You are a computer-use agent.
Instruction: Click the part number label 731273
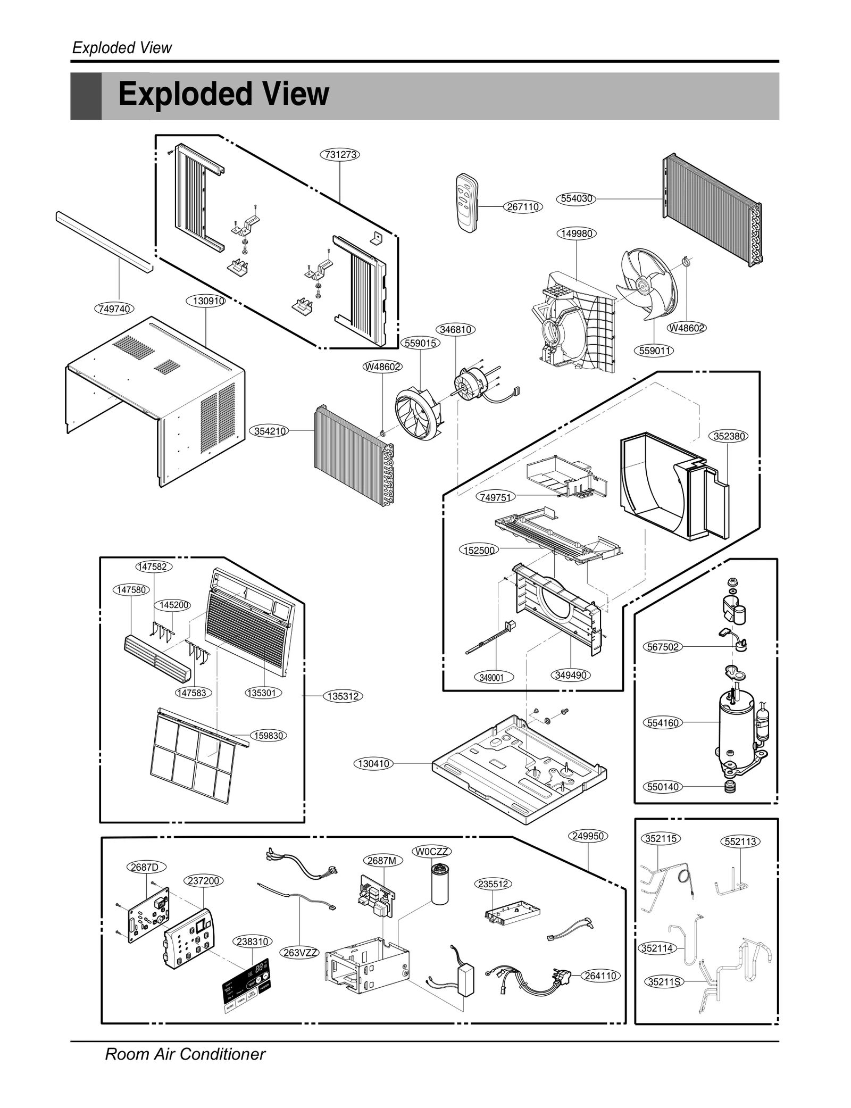(x=340, y=155)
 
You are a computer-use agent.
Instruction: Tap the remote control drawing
(x=467, y=203)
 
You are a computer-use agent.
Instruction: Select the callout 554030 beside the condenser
(x=577, y=198)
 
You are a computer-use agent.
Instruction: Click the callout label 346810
(x=456, y=330)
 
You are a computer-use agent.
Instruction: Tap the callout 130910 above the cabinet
(x=206, y=301)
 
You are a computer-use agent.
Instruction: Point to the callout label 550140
(x=663, y=787)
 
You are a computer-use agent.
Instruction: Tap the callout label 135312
(x=343, y=696)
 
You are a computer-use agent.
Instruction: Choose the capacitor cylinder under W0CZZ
(x=439, y=884)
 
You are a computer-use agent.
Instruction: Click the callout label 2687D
(x=145, y=868)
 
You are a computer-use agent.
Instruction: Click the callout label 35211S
(x=664, y=982)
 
